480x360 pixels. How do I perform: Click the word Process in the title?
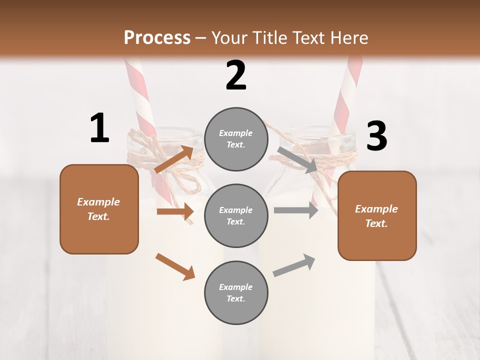pos(157,37)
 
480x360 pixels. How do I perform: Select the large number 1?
pos(99,128)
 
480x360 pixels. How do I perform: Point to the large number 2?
pos(236,75)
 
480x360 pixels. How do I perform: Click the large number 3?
pos(376,136)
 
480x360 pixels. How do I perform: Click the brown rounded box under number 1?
pos(99,209)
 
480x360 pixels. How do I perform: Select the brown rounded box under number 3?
pos(377,216)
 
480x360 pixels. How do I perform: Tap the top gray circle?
pos(236,139)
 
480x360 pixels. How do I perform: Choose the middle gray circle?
pos(236,215)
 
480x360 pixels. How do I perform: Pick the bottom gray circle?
pos(236,292)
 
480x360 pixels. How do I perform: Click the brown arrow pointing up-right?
pos(174,159)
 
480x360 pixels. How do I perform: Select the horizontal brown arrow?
pos(175,211)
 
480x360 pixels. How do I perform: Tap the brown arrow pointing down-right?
pos(175,266)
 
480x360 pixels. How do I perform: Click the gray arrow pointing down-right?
pos(297,160)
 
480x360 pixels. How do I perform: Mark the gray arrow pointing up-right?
pos(294,265)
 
